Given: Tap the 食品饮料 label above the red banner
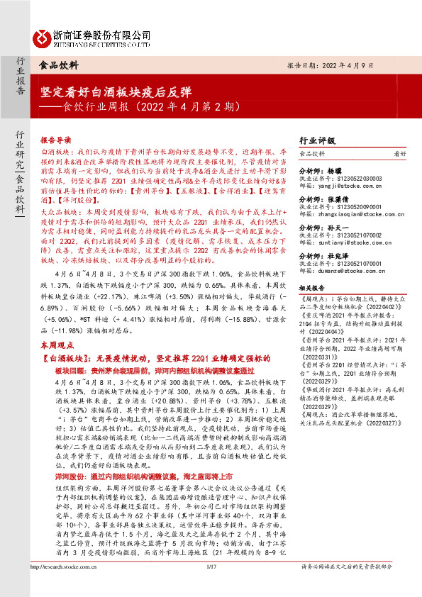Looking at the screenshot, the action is (x=59, y=64).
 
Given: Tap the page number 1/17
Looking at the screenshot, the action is (x=210, y=586).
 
